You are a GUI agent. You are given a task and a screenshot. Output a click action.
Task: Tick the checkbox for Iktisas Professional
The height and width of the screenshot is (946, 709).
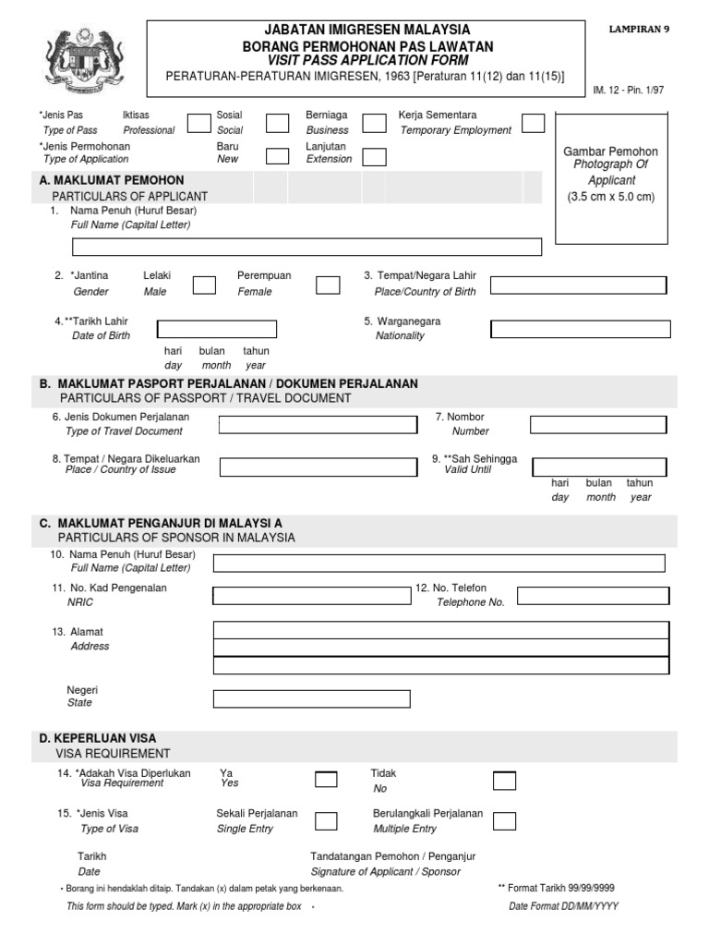(198, 124)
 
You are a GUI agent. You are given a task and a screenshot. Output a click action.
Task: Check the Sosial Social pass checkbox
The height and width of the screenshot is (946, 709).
(278, 124)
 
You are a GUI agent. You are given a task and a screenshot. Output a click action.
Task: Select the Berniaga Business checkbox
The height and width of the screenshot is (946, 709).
(374, 124)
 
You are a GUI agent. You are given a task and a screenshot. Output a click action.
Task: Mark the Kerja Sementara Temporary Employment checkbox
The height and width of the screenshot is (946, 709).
(533, 124)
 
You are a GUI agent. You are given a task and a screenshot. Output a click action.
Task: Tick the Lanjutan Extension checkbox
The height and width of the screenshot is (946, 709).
(374, 156)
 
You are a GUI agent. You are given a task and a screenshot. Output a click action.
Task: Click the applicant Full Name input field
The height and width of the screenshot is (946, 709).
(306, 247)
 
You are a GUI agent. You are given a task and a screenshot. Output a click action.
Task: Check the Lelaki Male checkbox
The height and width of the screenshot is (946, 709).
(205, 285)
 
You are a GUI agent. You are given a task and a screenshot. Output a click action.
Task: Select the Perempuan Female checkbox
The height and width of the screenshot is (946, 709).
(328, 285)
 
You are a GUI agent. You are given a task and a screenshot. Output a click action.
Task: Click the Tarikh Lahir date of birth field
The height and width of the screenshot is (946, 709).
(217, 329)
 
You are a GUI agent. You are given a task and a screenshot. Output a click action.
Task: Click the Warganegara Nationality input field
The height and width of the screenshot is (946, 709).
(578, 329)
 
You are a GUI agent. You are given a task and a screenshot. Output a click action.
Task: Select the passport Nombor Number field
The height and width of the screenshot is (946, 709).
(597, 424)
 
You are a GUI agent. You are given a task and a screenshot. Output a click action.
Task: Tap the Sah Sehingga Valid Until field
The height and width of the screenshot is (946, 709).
(599, 467)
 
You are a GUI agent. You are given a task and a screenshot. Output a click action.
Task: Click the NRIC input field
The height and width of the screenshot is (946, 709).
(312, 595)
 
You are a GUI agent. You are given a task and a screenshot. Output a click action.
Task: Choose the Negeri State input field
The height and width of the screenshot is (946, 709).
(312, 697)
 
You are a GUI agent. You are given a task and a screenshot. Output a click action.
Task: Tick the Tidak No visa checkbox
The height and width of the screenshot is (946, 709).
(504, 781)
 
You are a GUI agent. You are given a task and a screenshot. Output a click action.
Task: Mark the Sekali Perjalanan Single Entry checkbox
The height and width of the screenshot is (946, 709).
(326, 820)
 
